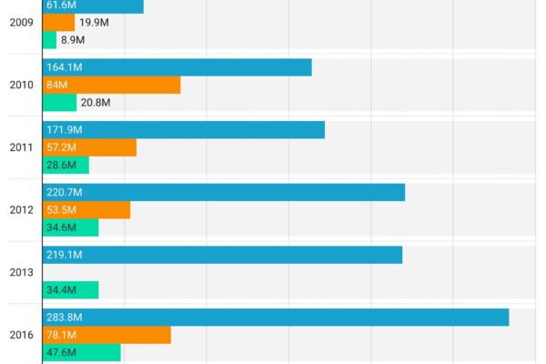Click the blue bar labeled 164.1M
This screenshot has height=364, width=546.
(x=177, y=67)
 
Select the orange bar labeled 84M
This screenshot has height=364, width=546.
(x=111, y=85)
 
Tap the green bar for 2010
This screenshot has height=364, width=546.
(x=60, y=102)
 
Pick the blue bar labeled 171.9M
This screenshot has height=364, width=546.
(x=184, y=130)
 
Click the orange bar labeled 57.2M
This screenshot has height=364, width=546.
(x=89, y=147)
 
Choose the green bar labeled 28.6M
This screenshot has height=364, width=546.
(x=66, y=165)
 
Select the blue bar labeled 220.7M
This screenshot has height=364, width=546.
(x=224, y=192)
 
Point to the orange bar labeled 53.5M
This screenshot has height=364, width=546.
(x=86, y=209)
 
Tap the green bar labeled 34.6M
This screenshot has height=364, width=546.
(x=70, y=227)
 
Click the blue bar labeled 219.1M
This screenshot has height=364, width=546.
(x=222, y=255)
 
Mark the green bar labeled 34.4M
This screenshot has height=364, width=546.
(x=70, y=289)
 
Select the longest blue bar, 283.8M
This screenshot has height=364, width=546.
(x=276, y=318)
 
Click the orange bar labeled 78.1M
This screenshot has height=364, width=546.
(x=106, y=335)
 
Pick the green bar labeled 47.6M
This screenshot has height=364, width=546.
(x=81, y=352)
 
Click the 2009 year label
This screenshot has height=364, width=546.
(x=22, y=23)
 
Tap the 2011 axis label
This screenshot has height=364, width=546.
(x=22, y=147)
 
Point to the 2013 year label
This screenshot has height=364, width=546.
(x=22, y=272)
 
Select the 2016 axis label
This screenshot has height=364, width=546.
(x=22, y=335)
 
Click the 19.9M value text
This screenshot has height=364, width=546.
(x=93, y=23)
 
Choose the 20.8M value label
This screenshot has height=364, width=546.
(x=96, y=102)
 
